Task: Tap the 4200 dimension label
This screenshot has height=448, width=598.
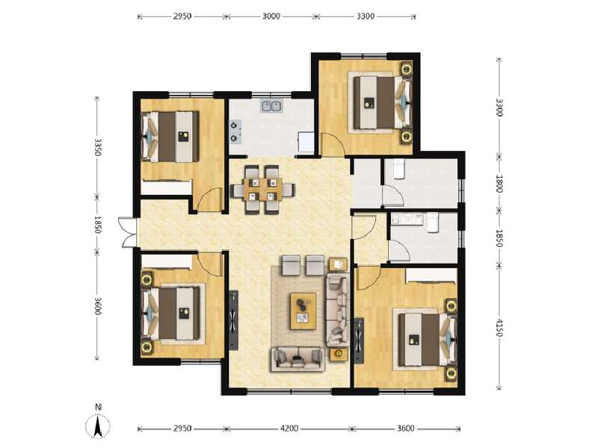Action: point(289,429)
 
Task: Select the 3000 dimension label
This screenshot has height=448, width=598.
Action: point(271,15)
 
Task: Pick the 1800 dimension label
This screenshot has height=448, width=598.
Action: point(499,183)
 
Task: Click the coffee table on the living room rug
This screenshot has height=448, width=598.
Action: point(303,309)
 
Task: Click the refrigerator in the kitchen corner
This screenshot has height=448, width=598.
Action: point(306,142)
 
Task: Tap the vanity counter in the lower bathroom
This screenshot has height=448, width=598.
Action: point(408,220)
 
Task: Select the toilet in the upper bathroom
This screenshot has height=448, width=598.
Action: point(398,169)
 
